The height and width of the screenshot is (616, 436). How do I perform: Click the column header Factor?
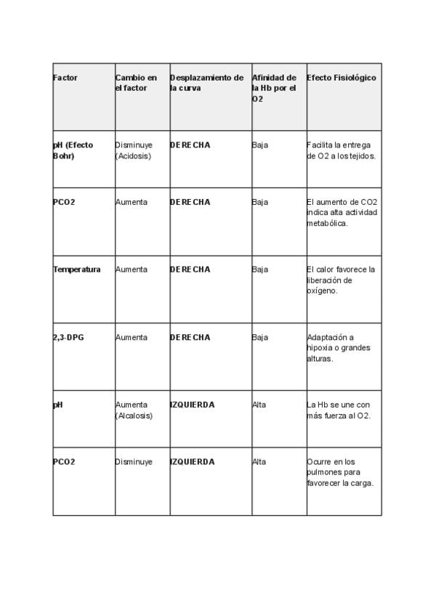click(x=65, y=78)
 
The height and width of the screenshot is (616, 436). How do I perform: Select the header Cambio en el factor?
click(x=136, y=83)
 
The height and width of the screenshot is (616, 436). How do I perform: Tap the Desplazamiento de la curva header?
click(x=206, y=83)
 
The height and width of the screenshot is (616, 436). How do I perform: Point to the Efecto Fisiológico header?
click(x=342, y=78)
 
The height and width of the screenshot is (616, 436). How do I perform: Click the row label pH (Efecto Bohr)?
click(x=73, y=150)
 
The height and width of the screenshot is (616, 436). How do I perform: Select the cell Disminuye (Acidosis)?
click(x=134, y=150)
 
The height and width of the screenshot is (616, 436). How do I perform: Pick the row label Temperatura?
click(x=77, y=269)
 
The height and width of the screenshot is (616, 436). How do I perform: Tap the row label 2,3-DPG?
click(x=68, y=337)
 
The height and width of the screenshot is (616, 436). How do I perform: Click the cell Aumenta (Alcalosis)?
click(x=134, y=410)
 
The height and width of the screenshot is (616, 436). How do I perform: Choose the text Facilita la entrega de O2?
click(x=342, y=150)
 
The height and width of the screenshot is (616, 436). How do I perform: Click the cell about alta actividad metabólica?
click(x=342, y=212)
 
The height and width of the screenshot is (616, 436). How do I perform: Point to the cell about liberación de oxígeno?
click(x=341, y=280)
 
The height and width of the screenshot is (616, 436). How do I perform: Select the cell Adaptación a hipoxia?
click(x=339, y=347)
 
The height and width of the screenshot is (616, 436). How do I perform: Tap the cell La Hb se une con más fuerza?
click(x=339, y=410)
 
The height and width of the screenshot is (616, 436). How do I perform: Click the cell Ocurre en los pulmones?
click(x=340, y=472)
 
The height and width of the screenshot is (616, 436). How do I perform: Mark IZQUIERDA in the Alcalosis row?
click(x=192, y=405)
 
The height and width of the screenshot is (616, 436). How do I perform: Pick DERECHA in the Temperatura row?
click(x=190, y=269)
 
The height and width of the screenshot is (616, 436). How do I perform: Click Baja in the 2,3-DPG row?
click(x=260, y=337)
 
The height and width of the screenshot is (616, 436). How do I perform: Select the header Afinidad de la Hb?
click(x=274, y=88)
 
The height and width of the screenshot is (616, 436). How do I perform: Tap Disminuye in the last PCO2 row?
click(x=134, y=462)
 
